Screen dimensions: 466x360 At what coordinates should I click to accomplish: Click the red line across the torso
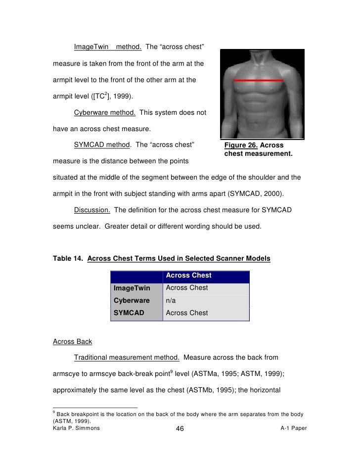(x=258, y=80)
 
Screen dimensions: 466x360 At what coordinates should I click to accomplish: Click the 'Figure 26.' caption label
(x=241, y=145)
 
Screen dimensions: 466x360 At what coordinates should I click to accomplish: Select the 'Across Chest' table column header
(x=188, y=276)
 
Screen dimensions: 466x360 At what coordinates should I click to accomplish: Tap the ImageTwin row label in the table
(x=133, y=288)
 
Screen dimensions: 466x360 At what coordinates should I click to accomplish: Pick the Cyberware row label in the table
(x=132, y=300)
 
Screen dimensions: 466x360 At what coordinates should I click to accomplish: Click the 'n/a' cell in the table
(x=172, y=300)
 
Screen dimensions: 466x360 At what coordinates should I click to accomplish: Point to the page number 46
(x=180, y=429)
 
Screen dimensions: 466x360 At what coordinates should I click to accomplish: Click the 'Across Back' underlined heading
(x=72, y=342)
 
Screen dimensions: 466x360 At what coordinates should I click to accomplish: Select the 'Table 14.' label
(x=68, y=259)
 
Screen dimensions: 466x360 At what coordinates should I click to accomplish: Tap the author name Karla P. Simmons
(x=76, y=428)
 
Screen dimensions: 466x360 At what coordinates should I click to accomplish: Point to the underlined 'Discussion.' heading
(x=92, y=210)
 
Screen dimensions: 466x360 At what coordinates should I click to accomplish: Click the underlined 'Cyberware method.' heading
(x=105, y=113)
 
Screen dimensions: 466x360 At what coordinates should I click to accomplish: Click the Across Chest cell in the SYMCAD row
(x=187, y=313)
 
